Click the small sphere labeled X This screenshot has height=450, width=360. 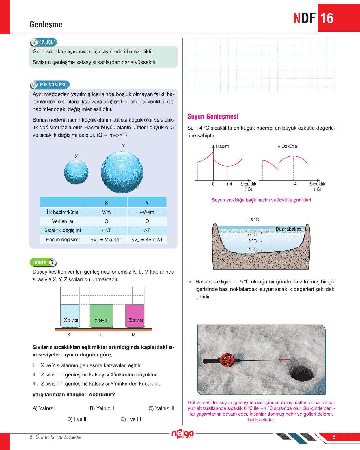76,172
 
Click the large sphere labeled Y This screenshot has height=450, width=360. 122,172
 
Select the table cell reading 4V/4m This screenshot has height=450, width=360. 147,212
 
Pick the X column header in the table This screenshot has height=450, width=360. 106,203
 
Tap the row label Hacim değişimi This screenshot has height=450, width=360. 63,240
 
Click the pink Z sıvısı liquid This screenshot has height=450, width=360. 135,316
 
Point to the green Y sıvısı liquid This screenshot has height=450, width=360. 101,316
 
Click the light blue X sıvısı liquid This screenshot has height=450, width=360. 70,316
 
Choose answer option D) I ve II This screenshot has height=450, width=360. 77,419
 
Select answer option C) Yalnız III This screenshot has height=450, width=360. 161,408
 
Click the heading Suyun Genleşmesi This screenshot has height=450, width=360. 213,117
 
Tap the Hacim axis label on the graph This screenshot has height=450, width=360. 223,146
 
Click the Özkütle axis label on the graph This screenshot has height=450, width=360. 289,146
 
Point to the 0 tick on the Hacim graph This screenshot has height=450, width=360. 213,184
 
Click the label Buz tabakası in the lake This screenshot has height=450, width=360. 289,229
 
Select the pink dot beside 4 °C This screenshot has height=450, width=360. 262,250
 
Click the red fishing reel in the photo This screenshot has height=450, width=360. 227,360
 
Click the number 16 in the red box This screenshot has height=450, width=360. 327,18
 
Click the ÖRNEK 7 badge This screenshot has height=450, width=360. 43,262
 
